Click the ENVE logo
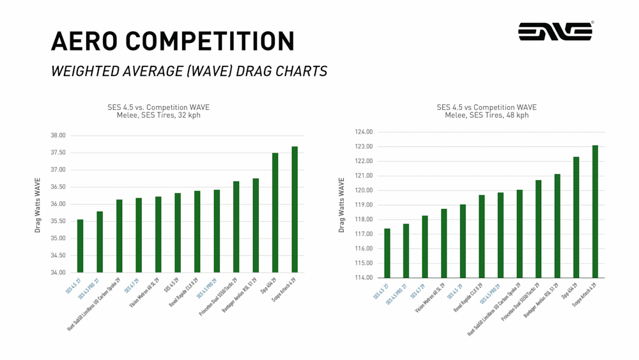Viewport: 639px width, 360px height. point(555,31)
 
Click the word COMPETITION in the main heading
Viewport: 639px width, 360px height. point(210,42)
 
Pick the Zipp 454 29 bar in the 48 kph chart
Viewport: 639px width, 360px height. point(576,217)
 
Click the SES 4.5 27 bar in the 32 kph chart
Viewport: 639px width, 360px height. point(80,246)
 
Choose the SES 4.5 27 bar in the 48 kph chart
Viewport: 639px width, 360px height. point(387,253)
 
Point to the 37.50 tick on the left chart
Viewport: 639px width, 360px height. point(58,153)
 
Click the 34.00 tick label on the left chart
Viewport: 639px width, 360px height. point(58,272)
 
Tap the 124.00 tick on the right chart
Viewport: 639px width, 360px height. point(364,132)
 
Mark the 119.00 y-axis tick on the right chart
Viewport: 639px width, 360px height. point(364,205)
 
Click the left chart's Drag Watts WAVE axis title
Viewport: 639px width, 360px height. point(38,205)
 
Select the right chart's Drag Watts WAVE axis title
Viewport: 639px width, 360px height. point(342,205)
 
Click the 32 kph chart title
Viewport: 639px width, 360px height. point(158,111)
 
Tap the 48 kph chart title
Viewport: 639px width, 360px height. point(487,111)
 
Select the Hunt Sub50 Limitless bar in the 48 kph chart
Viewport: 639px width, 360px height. point(520,233)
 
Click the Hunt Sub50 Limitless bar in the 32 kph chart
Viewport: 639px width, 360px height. point(119,236)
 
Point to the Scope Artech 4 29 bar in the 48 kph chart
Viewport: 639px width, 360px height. point(595,211)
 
